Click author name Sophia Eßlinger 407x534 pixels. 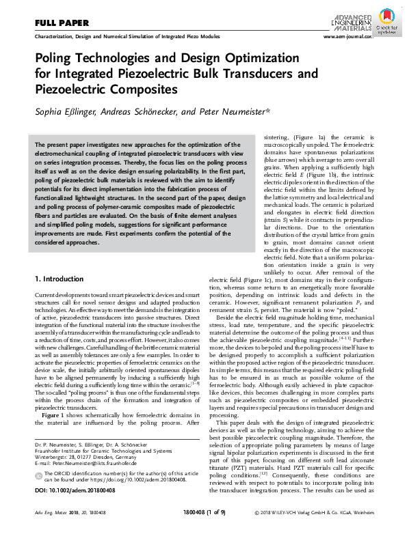(x=68, y=111)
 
